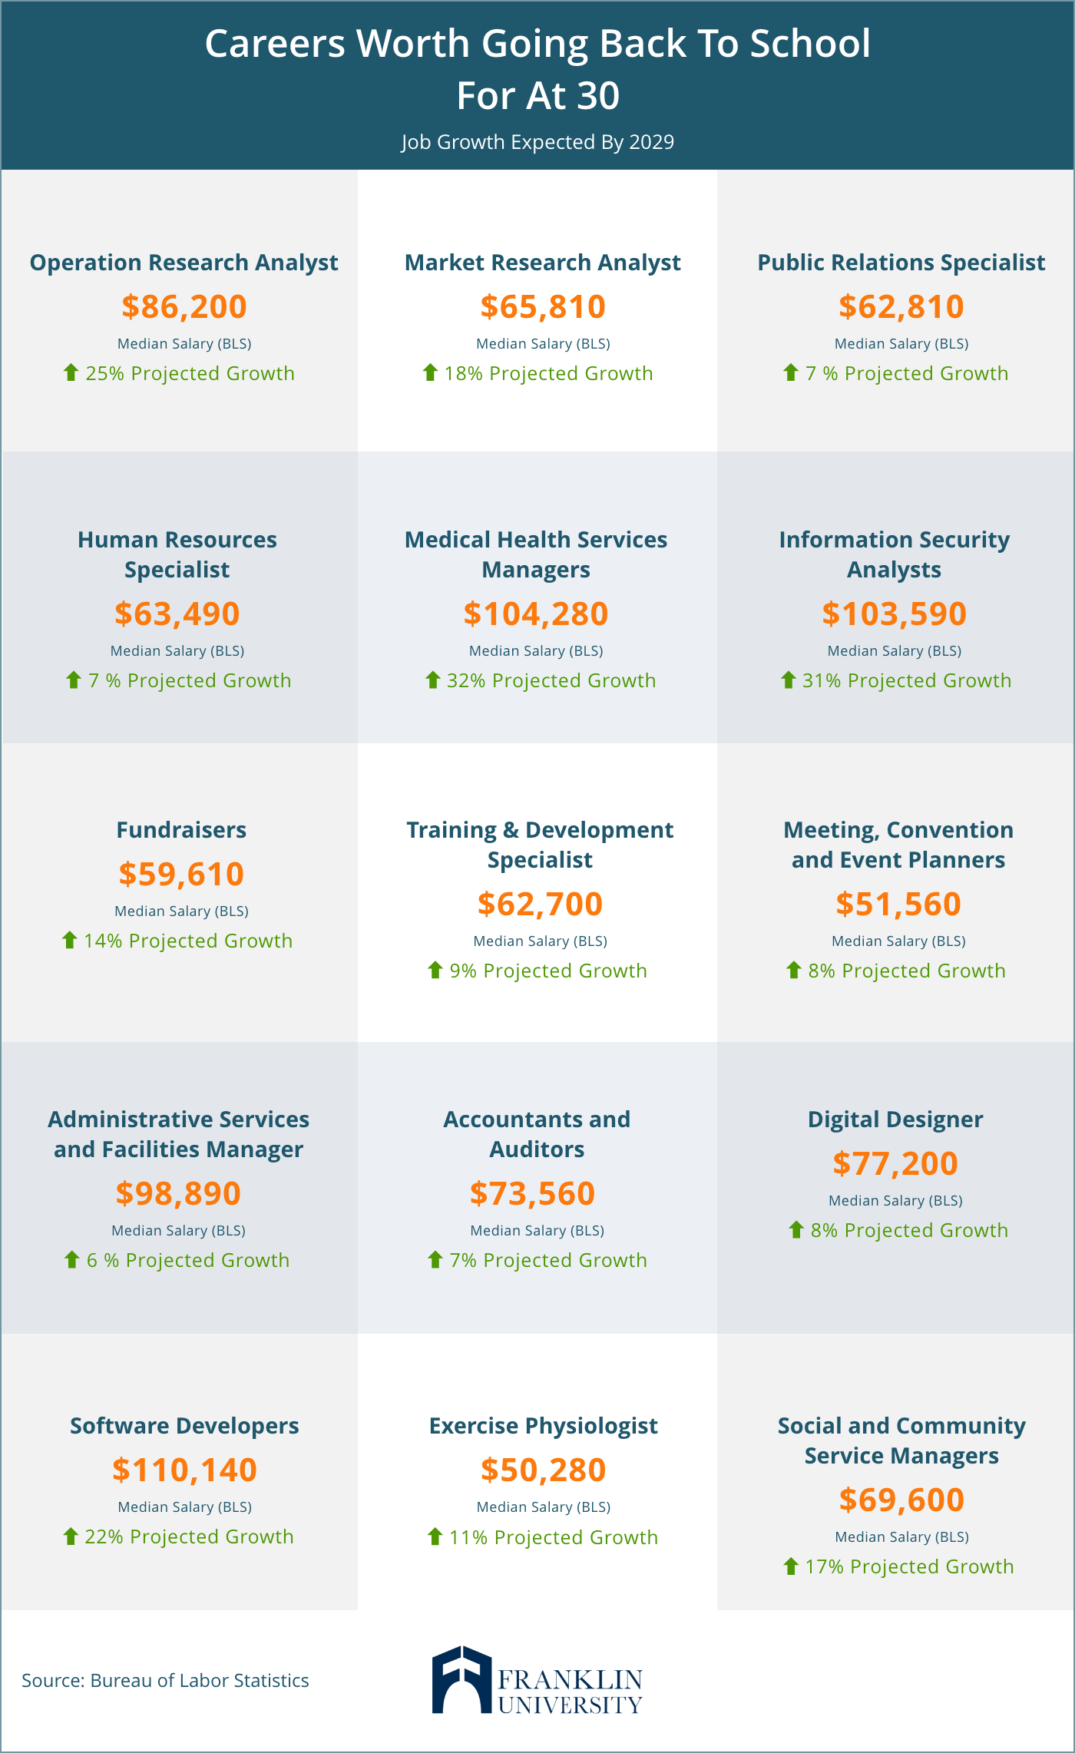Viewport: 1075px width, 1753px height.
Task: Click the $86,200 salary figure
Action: click(184, 306)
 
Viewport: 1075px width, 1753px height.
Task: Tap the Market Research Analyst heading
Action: click(542, 263)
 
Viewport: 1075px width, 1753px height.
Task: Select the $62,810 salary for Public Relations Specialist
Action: click(901, 306)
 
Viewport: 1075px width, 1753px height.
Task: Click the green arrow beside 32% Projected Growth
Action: click(432, 680)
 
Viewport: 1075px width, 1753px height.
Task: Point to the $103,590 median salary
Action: click(894, 614)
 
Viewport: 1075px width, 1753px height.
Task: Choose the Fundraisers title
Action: click(181, 830)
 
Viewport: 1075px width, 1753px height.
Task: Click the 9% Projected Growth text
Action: click(548, 971)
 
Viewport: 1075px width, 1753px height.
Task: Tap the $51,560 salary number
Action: click(898, 904)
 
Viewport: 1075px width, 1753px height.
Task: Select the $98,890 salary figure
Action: click(178, 1193)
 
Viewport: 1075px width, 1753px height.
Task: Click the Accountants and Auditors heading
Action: click(537, 1134)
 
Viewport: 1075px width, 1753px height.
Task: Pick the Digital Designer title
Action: click(895, 1120)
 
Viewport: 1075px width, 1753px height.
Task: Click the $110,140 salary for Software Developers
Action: click(184, 1470)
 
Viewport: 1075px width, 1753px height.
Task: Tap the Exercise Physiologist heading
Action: click(543, 1426)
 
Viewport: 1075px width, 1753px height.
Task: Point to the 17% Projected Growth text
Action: click(909, 1566)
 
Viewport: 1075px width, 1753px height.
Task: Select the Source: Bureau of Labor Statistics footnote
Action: click(165, 1681)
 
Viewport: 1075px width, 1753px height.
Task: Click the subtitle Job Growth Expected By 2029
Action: click(537, 142)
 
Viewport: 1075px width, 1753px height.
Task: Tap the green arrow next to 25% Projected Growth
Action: click(71, 372)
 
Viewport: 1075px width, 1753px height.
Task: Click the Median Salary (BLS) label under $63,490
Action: click(177, 651)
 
